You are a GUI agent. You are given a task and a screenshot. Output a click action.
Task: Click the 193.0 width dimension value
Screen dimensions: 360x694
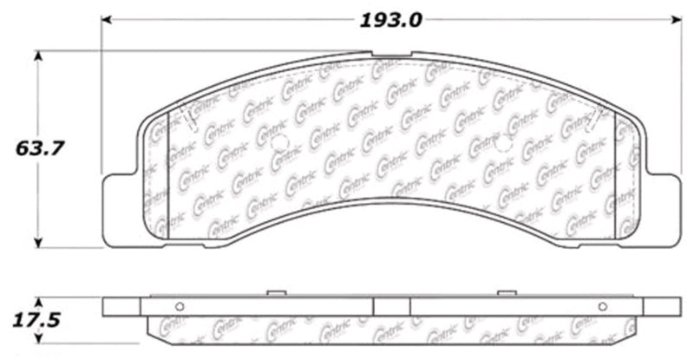(x=392, y=19)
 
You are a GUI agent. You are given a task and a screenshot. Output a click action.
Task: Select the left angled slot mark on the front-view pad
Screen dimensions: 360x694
(x=193, y=121)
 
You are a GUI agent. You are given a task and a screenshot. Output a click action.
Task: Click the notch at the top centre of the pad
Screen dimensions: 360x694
(x=391, y=54)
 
